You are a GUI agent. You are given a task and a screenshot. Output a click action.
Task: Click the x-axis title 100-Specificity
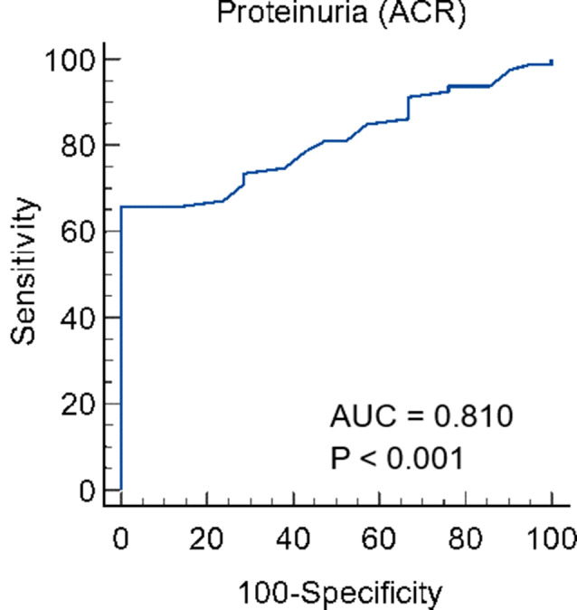(x=340, y=593)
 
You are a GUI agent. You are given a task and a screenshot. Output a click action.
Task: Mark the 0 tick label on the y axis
(x=85, y=491)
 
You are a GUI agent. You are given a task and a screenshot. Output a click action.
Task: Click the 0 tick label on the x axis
(x=121, y=540)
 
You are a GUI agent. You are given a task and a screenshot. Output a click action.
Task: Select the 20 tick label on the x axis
(x=207, y=540)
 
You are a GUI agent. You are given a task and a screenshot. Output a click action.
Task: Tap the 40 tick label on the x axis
(x=293, y=540)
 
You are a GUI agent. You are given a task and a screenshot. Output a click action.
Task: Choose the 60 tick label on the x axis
(x=380, y=540)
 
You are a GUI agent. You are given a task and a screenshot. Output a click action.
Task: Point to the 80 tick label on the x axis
(x=466, y=540)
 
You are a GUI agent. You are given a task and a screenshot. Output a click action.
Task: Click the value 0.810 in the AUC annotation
(x=471, y=417)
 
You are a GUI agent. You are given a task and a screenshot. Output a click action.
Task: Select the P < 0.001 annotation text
(x=397, y=458)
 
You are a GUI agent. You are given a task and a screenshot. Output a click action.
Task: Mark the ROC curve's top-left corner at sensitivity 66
(x=121, y=206)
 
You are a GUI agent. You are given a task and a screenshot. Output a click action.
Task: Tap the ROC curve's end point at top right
(x=552, y=61)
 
